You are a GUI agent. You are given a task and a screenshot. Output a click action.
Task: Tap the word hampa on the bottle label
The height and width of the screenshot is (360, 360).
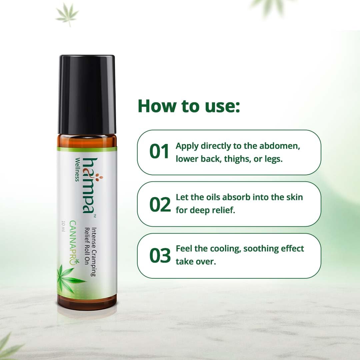coord(86,185)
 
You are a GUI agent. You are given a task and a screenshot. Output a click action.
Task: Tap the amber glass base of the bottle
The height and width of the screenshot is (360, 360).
coord(87,301)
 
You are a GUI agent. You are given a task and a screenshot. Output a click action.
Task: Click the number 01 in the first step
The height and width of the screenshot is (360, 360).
coord(160,152)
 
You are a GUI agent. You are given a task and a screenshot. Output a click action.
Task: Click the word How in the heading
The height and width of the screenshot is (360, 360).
coord(156,106)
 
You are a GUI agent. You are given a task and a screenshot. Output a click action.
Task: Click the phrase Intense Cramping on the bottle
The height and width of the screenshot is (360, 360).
coord(94,252)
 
